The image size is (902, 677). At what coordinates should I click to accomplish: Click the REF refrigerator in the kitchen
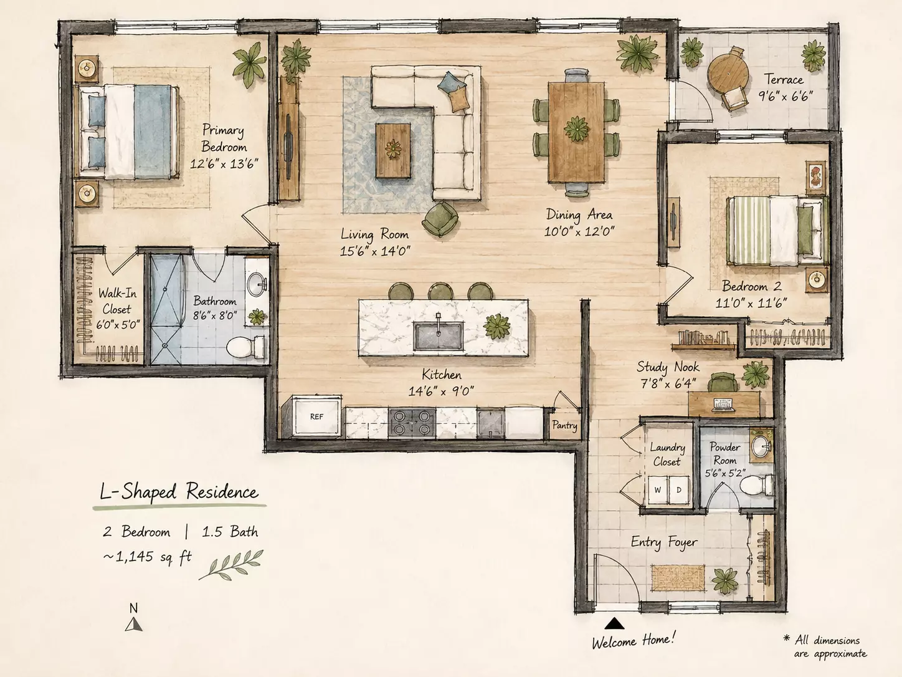pyautogui.click(x=317, y=416)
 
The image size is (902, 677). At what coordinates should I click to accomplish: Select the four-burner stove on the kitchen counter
pyautogui.click(x=412, y=422)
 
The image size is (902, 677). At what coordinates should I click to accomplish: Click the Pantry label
pyautogui.click(x=564, y=425)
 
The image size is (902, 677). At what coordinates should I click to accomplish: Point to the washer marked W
pyautogui.click(x=658, y=490)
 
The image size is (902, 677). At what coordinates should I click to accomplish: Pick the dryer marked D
pyautogui.click(x=679, y=490)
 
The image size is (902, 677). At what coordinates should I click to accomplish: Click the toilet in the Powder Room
pyautogui.click(x=756, y=484)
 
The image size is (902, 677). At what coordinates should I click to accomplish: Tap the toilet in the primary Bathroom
pyautogui.click(x=245, y=347)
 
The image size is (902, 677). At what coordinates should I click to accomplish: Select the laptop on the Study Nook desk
pyautogui.click(x=723, y=405)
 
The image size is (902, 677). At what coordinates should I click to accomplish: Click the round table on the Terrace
pyautogui.click(x=726, y=74)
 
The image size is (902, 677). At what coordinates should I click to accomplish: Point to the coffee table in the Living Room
pyautogui.click(x=393, y=150)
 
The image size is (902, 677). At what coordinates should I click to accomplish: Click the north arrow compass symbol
pyautogui.click(x=133, y=625)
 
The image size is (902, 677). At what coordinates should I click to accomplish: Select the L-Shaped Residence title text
pyautogui.click(x=179, y=492)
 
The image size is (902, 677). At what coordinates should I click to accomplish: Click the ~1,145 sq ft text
pyautogui.click(x=147, y=557)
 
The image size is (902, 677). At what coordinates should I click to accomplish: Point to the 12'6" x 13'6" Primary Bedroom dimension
pyautogui.click(x=224, y=164)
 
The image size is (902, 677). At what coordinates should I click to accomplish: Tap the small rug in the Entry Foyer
pyautogui.click(x=678, y=577)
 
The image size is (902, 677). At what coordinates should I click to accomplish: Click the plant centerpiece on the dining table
pyautogui.click(x=577, y=129)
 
